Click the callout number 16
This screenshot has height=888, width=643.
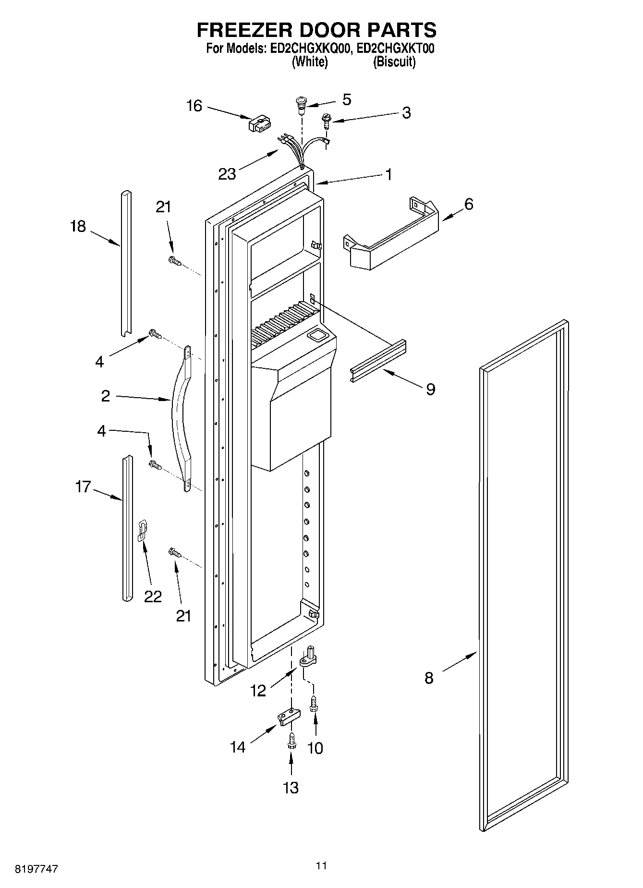click(194, 106)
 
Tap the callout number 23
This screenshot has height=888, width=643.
click(227, 174)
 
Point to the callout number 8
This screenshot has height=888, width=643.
click(429, 678)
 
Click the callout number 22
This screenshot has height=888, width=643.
click(153, 596)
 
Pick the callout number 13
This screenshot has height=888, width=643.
click(291, 788)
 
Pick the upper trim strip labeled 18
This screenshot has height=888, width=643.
click(125, 263)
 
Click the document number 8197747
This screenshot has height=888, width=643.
click(36, 869)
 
